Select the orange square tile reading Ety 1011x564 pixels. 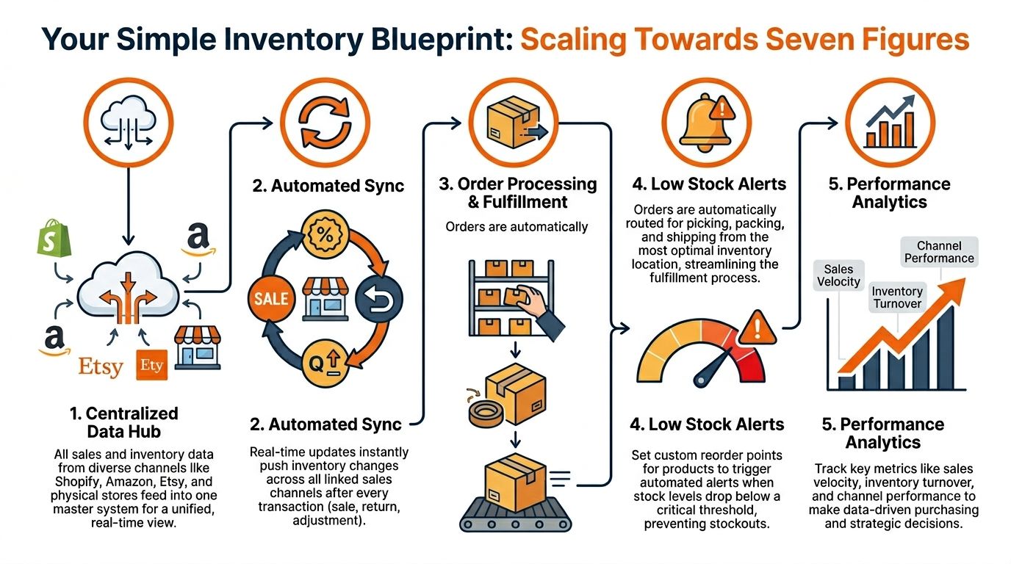152,365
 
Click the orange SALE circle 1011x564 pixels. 270,300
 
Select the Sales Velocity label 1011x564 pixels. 838,275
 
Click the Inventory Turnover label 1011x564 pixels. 896,297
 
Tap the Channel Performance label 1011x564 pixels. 939,252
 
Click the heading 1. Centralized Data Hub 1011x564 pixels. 123,422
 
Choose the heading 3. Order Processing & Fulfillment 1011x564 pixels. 517,192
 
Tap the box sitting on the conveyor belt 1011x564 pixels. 515,477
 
